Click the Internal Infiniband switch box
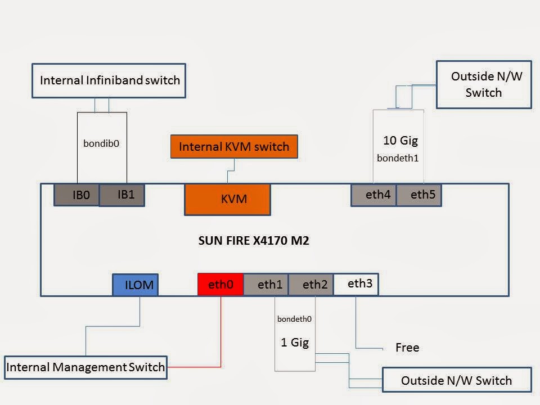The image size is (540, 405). (x=109, y=80)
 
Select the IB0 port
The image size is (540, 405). (x=76, y=195)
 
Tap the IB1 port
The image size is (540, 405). (x=122, y=195)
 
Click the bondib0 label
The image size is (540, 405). (x=101, y=143)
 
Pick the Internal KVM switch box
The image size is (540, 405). (x=233, y=147)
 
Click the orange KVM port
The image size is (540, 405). (x=227, y=199)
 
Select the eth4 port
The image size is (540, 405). (x=373, y=195)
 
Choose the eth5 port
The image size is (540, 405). (x=419, y=195)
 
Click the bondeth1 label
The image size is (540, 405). (x=398, y=158)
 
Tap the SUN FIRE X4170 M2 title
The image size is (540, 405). (x=254, y=241)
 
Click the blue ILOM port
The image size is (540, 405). (x=135, y=285)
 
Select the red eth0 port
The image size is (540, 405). (x=220, y=284)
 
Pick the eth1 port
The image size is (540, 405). (x=266, y=284)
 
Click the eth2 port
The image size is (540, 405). (x=311, y=284)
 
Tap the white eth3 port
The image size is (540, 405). (x=356, y=284)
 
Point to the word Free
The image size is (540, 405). (x=407, y=348)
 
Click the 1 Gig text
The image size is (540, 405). (x=295, y=342)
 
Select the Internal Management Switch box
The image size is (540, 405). (x=85, y=367)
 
